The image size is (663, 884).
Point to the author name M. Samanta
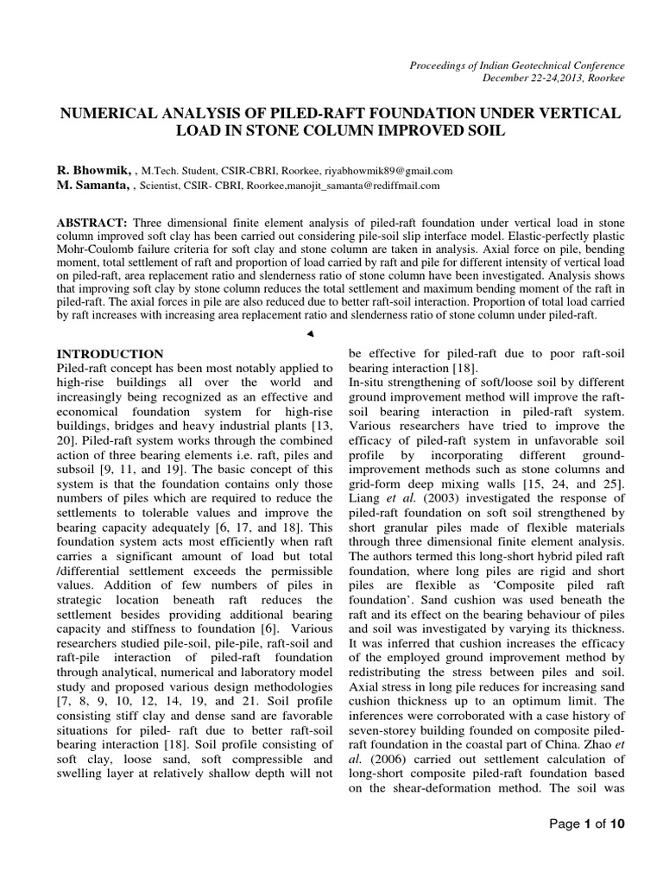pyautogui.click(x=92, y=185)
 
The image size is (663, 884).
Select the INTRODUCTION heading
pyautogui.click(x=109, y=354)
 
